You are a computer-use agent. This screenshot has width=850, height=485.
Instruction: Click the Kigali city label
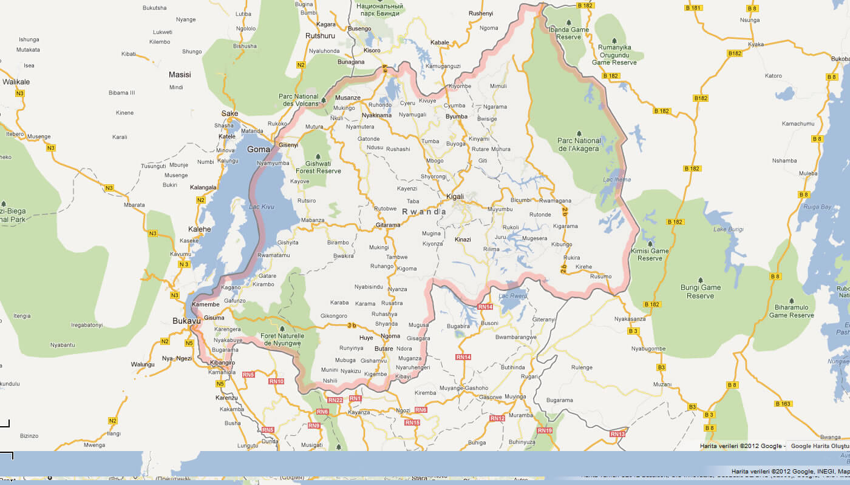[455, 196]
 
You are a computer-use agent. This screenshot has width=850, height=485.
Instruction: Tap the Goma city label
[259, 149]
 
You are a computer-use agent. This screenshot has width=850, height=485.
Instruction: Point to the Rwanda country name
[424, 212]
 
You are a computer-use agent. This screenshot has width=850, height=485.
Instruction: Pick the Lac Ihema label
[616, 179]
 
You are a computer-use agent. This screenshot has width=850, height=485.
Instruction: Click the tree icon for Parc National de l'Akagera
[579, 133]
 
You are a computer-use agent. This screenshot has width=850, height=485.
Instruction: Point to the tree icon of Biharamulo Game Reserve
[792, 300]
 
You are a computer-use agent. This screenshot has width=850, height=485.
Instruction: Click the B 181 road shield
[693, 8]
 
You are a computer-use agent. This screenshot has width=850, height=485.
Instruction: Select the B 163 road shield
[783, 404]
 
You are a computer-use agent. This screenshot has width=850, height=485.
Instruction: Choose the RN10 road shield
[276, 381]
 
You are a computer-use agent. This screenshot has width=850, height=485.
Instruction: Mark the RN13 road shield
[617, 434]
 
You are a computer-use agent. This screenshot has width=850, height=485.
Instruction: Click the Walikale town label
[16, 81]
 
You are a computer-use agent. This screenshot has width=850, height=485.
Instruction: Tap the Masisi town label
[180, 75]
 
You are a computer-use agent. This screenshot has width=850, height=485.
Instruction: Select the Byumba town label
[457, 116]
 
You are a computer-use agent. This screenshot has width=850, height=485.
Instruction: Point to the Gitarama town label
[388, 225]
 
